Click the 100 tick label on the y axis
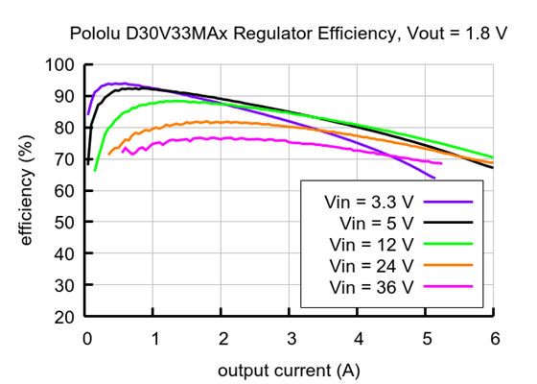(59, 65)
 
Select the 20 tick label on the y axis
(64, 317)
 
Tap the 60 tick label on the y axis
(64, 191)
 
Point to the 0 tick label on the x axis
(87, 338)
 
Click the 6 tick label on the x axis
(493, 338)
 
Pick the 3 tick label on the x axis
(291, 338)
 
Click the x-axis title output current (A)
(290, 370)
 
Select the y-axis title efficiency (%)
(26, 191)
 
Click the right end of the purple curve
(434, 179)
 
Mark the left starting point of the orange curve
(109, 154)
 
